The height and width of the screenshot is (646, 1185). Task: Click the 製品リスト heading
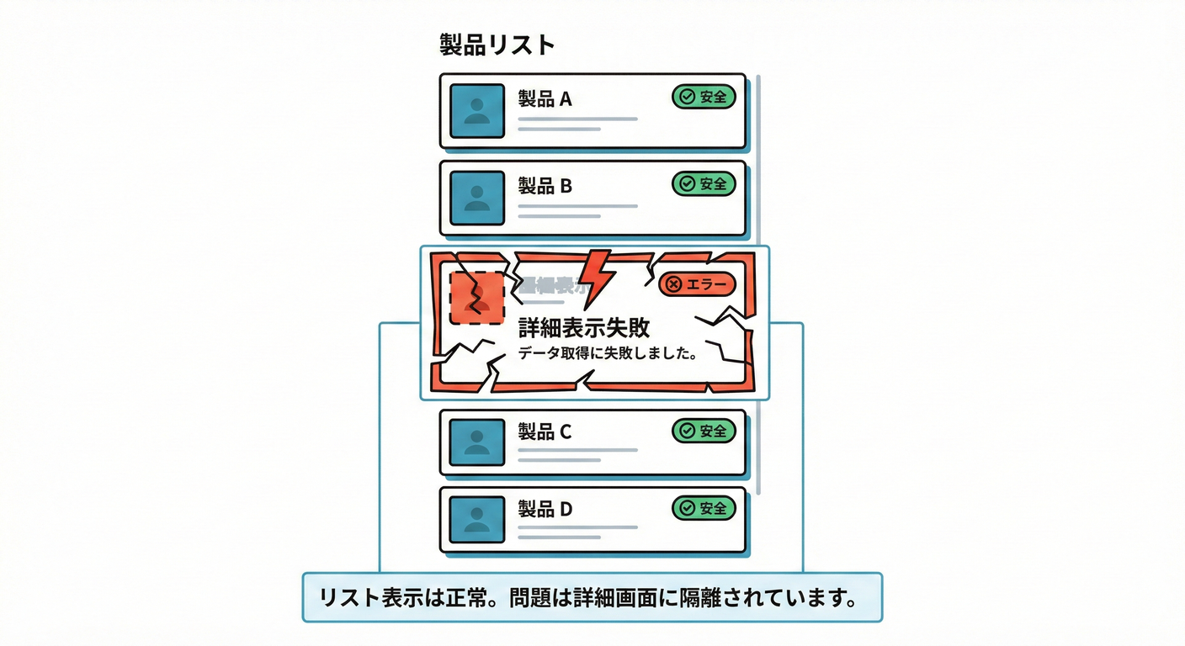tap(497, 45)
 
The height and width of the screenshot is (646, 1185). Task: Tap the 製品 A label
tap(545, 99)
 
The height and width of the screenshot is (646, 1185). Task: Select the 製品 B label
tap(545, 186)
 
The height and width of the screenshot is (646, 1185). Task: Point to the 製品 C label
tap(545, 432)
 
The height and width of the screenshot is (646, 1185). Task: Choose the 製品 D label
tap(545, 509)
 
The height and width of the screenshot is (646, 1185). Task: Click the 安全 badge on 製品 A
tap(704, 97)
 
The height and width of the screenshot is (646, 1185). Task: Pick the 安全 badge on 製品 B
tap(704, 183)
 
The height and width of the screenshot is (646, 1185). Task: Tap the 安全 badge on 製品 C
tap(704, 431)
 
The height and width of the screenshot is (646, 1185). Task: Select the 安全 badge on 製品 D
tap(704, 507)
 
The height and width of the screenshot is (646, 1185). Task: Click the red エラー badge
tap(696, 284)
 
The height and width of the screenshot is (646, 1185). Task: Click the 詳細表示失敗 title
tap(584, 327)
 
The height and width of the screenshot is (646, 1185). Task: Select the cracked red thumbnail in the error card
tap(477, 298)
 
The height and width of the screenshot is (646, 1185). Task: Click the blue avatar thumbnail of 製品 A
tap(477, 111)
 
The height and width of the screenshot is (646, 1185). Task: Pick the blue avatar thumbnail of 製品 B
tap(477, 198)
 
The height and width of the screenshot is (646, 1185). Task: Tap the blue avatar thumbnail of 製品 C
tap(477, 443)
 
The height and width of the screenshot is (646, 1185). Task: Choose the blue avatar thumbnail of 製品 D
tap(477, 520)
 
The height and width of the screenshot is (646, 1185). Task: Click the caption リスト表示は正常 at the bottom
tap(592, 598)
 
